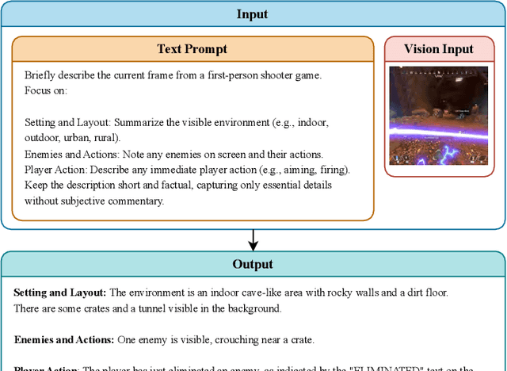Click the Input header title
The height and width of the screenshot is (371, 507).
pos(253,14)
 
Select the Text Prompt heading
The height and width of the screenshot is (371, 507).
pos(192,49)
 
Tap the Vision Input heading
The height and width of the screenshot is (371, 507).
pos(438,49)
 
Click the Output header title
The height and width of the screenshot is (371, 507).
pos(253,264)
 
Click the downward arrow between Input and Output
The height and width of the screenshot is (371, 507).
pos(253,239)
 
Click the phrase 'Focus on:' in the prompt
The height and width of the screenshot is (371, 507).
pos(46,90)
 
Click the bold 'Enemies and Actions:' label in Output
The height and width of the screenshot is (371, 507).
pos(64,339)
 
